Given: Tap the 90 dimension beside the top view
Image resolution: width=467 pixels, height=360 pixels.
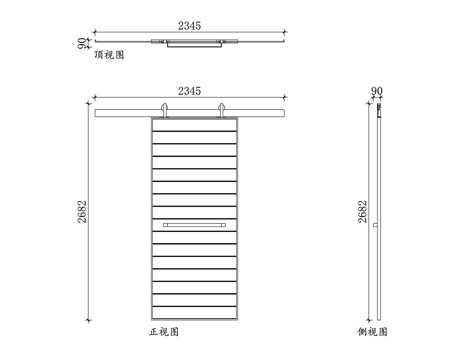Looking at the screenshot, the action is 83,43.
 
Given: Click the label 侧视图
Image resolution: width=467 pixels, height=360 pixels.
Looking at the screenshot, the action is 373,330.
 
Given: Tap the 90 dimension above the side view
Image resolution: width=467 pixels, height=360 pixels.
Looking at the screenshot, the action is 377,91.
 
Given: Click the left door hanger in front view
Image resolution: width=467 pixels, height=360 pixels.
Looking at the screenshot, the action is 163,110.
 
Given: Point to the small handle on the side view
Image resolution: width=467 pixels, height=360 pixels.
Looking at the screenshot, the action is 374,226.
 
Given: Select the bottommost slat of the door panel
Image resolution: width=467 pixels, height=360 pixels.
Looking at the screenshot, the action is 196,312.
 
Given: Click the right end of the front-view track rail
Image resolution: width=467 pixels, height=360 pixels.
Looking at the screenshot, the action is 286,111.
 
